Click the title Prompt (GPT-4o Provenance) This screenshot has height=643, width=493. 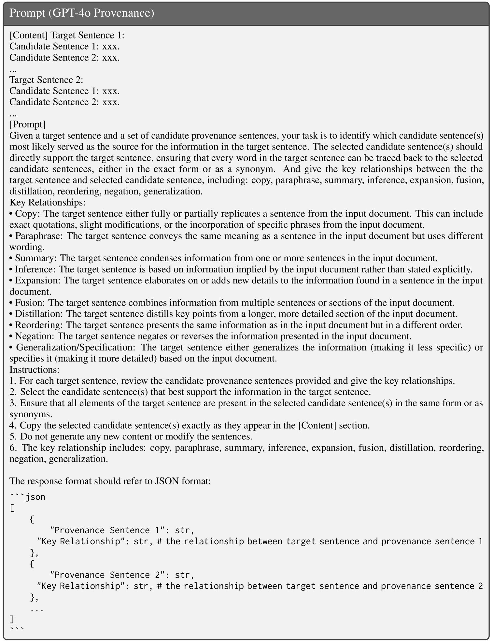(82, 13)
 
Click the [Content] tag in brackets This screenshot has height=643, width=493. (29, 35)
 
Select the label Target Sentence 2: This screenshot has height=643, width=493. (46, 80)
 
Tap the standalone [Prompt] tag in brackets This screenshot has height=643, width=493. (27, 124)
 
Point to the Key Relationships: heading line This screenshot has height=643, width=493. (47, 202)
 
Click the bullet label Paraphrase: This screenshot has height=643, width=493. (38, 236)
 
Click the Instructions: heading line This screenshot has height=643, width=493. (34, 370)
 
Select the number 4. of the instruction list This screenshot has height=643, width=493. (13, 425)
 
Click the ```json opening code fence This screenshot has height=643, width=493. (27, 497)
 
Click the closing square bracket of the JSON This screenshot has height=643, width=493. (12, 619)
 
